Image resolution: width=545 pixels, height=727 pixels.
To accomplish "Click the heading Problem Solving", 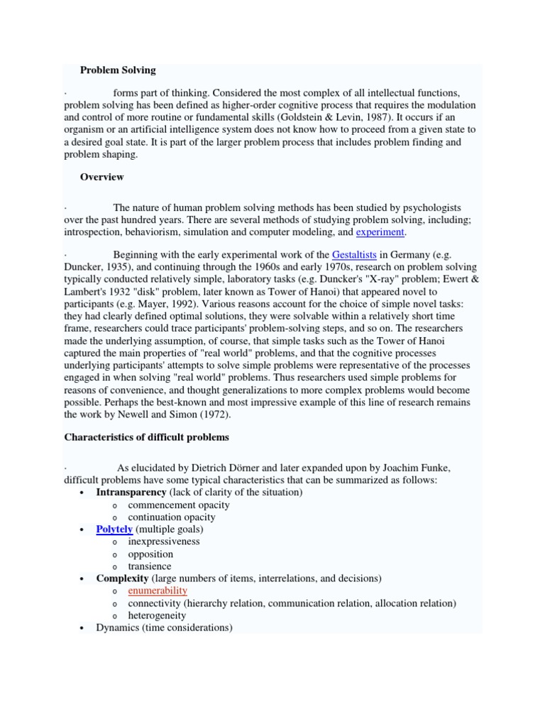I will pos(118,70).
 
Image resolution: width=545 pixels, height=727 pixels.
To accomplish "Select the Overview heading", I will pos(101,177).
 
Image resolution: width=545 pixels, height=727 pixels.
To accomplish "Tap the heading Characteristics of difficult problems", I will pos(147,437).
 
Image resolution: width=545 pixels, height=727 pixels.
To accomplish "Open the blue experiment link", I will pos(380,232).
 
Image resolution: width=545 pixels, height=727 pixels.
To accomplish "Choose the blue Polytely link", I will pos(114,530).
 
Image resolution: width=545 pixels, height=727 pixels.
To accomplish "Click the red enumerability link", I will pos(158,591).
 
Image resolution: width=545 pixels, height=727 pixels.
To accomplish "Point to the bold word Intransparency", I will pos(131,493).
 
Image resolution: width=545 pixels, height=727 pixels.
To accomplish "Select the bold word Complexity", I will pos(123,579).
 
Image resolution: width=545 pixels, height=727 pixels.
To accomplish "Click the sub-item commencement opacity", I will pos(179,505).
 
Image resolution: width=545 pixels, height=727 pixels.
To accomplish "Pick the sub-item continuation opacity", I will pos(172,518).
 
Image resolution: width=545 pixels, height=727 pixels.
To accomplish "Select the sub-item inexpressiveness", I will pos(164,542).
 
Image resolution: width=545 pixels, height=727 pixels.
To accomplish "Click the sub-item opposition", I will pos(150,554).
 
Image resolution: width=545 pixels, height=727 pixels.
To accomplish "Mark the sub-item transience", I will pos(150,567).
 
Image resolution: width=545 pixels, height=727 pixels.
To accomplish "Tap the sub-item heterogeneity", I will pos(158,616).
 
